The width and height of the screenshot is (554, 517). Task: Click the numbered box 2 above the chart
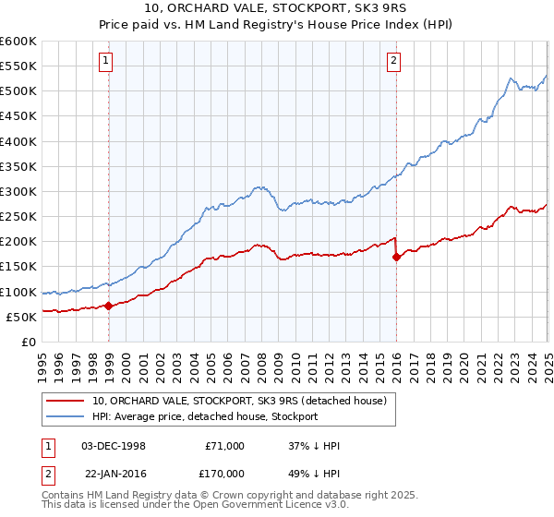pyautogui.click(x=394, y=62)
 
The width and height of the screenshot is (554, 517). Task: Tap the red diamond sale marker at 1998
pyautogui.click(x=109, y=306)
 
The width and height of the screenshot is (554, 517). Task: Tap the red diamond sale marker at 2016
pyautogui.click(x=397, y=258)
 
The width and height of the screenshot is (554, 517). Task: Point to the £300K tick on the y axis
pyautogui.click(x=18, y=192)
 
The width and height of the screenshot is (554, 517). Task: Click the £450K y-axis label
pyautogui.click(x=18, y=116)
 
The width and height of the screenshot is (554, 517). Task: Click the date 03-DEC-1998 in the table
pyautogui.click(x=114, y=446)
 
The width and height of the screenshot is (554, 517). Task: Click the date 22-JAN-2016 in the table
pyautogui.click(x=114, y=472)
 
